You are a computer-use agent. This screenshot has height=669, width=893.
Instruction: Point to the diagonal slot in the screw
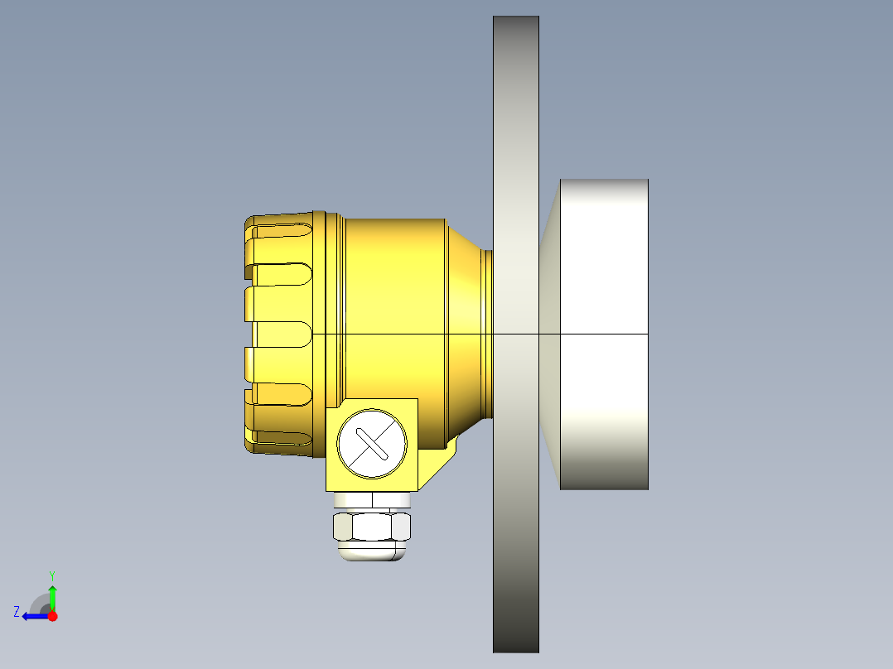click(373, 445)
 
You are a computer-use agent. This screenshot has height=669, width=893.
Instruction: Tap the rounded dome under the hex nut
click(373, 551)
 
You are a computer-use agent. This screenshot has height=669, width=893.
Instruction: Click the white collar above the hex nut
click(372, 500)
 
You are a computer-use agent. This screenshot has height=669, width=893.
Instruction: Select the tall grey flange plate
click(515, 166)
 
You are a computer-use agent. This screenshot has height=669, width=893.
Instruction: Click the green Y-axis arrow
click(52, 596)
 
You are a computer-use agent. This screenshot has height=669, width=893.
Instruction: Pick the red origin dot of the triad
click(52, 616)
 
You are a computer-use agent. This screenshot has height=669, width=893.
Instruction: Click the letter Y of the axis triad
click(51, 575)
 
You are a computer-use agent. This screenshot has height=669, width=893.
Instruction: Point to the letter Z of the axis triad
click(17, 612)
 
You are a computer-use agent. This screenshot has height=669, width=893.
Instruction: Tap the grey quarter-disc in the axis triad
click(41, 604)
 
